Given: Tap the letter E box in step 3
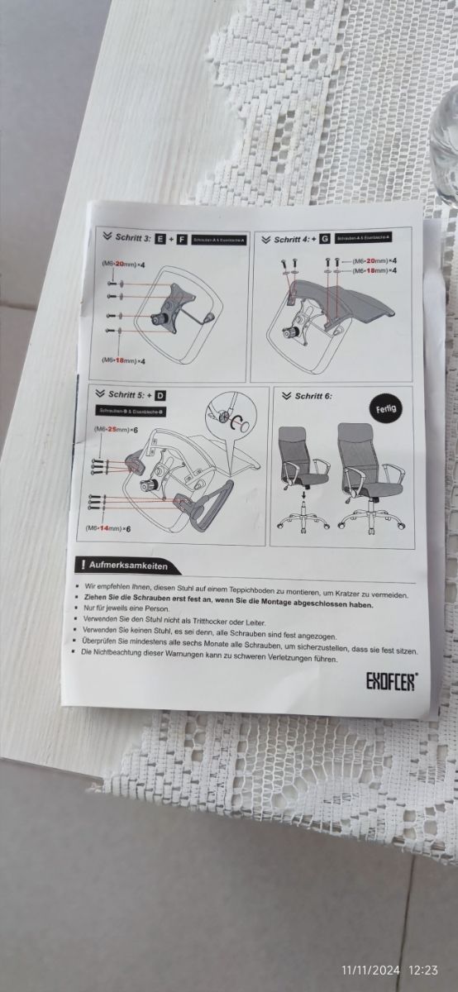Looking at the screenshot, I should click(x=160, y=239).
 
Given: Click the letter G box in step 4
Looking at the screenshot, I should click(x=325, y=239).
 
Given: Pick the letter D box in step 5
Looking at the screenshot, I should click(x=160, y=395).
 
